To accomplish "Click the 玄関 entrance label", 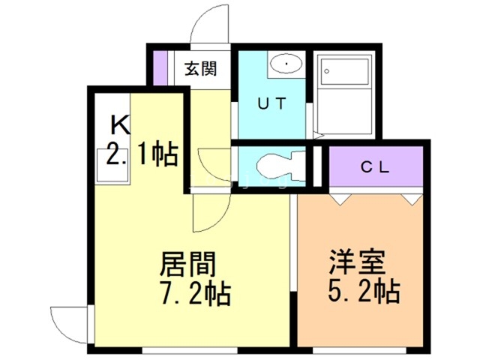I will click(201, 70).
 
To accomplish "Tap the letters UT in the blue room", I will click(271, 105).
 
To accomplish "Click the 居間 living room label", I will click(188, 264).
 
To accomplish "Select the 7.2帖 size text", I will click(192, 292).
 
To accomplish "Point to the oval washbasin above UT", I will click(286, 65).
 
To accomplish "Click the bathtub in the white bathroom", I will click(345, 79).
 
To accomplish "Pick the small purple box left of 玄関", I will click(159, 68).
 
